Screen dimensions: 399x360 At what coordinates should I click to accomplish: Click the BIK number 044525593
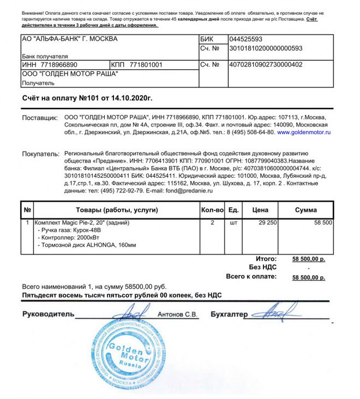pyautogui.click(x=246, y=39)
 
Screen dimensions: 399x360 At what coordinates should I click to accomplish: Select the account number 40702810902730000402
pyautogui.click(x=266, y=64)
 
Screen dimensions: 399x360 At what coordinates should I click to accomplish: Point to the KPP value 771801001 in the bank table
pyautogui.click(x=146, y=64)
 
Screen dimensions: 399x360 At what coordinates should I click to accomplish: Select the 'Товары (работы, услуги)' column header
pyautogui.click(x=116, y=210)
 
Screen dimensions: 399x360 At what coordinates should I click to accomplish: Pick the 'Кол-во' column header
pyautogui.click(x=213, y=210)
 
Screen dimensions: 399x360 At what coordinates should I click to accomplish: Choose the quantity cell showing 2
pyautogui.click(x=212, y=223)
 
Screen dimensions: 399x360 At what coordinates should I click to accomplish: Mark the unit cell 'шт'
pyautogui.click(x=233, y=223)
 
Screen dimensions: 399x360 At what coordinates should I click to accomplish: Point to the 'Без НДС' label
pyautogui.click(x=263, y=268)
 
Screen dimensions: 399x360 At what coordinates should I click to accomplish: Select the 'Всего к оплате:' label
pyautogui.click(x=251, y=277)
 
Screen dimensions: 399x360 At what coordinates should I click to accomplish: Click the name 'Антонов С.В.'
pyautogui.click(x=178, y=315)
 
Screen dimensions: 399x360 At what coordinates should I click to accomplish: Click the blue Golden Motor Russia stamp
pyautogui.click(x=128, y=354)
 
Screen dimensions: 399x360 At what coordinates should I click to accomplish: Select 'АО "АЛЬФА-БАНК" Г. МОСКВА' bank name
pyautogui.click(x=69, y=39)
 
